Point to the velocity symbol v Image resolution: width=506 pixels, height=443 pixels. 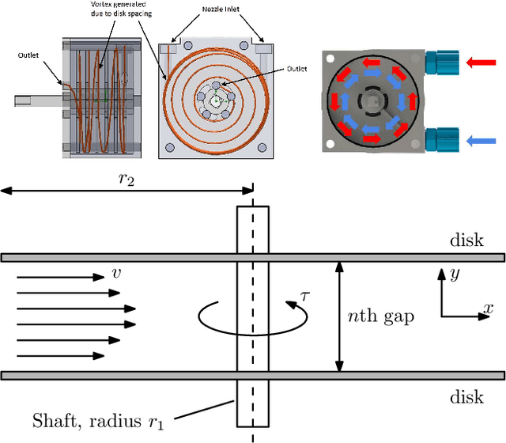[x=116, y=274]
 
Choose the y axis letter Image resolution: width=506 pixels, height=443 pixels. [x=453, y=274]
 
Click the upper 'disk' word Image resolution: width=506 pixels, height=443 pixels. [x=466, y=240]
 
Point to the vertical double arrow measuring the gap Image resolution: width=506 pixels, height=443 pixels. [x=341, y=316]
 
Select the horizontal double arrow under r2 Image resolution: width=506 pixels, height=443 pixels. [x=126, y=191]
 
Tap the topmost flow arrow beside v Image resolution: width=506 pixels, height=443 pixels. [x=59, y=278]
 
